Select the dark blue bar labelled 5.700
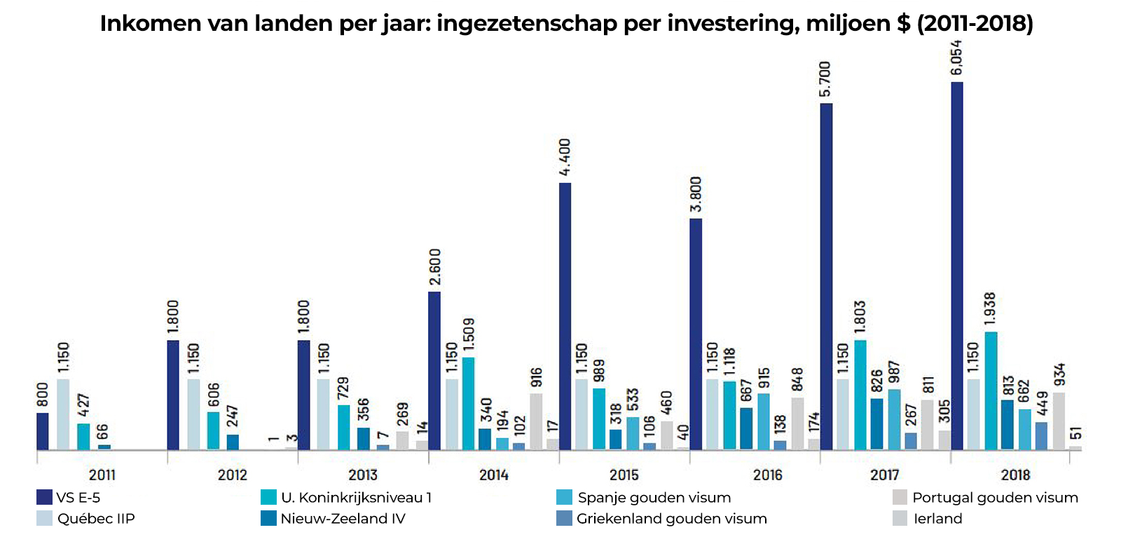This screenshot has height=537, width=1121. tap(826, 276)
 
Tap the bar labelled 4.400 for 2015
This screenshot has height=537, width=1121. tap(565, 315)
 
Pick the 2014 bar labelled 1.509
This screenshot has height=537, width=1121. tap(468, 403)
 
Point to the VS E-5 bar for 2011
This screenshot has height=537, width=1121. tap(43, 431)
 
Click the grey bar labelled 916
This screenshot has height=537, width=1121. tap(536, 421)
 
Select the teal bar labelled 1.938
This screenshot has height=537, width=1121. tap(991, 390)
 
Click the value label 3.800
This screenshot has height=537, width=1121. tap(696, 194)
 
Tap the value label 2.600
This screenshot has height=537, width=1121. tap(434, 267)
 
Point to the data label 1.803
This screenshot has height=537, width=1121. tap(860, 316)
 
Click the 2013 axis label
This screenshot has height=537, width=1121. tap(363, 475)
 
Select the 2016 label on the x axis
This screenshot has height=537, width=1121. tap(767, 475)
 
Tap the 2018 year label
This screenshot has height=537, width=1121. tap(1015, 475)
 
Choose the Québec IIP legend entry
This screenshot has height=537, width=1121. tap(96, 519)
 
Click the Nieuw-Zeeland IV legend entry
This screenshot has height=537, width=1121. tap(343, 519)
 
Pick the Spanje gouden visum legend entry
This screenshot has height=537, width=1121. tap(654, 498)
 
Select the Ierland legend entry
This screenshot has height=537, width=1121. tap(937, 519)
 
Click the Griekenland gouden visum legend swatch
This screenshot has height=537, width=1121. tap(564, 519)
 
